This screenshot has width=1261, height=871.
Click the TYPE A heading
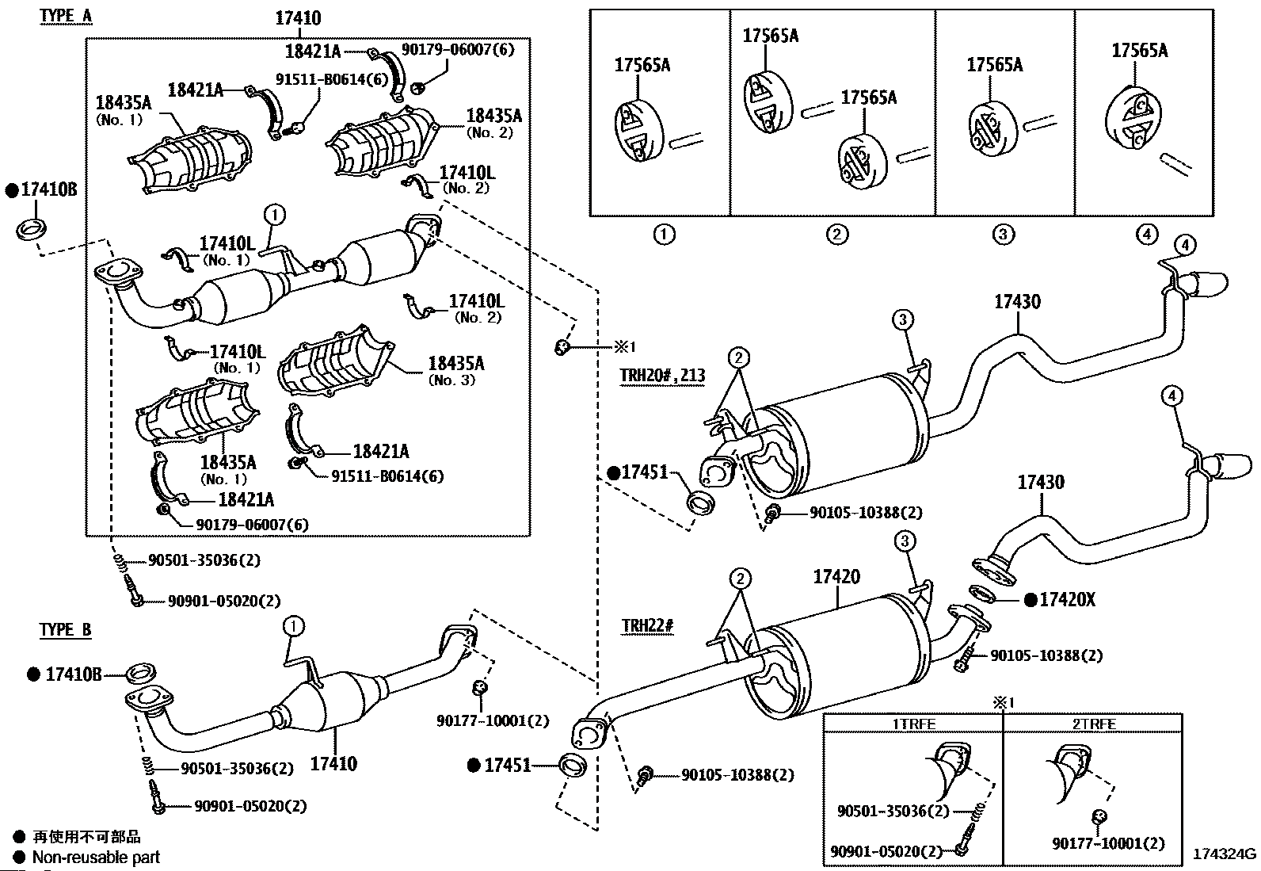(67, 16)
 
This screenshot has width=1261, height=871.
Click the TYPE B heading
(66, 630)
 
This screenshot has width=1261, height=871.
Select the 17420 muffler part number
(836, 577)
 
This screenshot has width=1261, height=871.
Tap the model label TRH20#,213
(662, 376)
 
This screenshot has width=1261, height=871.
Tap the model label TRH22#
(647, 626)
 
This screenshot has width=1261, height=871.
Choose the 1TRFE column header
(914, 724)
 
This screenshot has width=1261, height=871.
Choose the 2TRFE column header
(1094, 724)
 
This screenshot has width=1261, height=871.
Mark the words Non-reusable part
(96, 857)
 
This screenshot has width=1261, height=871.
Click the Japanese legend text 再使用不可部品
(86, 837)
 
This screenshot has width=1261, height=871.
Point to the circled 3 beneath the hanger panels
(1003, 234)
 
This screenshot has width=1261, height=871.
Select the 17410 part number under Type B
(333, 764)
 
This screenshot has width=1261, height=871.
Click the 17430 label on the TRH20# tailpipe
(1018, 302)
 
